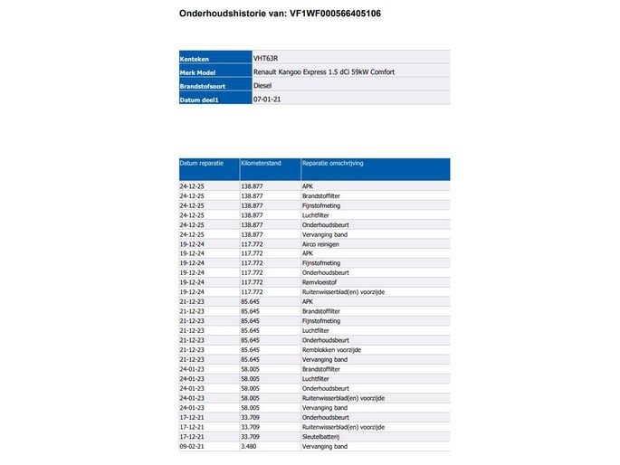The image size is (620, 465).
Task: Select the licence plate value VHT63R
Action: pyautogui.click(x=267, y=58)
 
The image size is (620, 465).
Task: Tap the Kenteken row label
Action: pyautogui.click(x=195, y=59)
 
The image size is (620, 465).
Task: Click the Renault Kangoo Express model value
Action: pyautogui.click(x=324, y=71)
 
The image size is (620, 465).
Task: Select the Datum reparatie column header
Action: pyautogui.click(x=201, y=164)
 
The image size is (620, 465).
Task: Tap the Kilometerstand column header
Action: pyautogui.click(x=261, y=164)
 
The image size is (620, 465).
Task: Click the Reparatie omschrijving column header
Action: pyautogui.click(x=332, y=164)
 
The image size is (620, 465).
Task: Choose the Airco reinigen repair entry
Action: pyautogui.click(x=322, y=244)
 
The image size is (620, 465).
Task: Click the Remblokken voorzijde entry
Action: pyautogui.click(x=331, y=349)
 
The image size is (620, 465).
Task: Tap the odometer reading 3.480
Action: pyautogui.click(x=250, y=446)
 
